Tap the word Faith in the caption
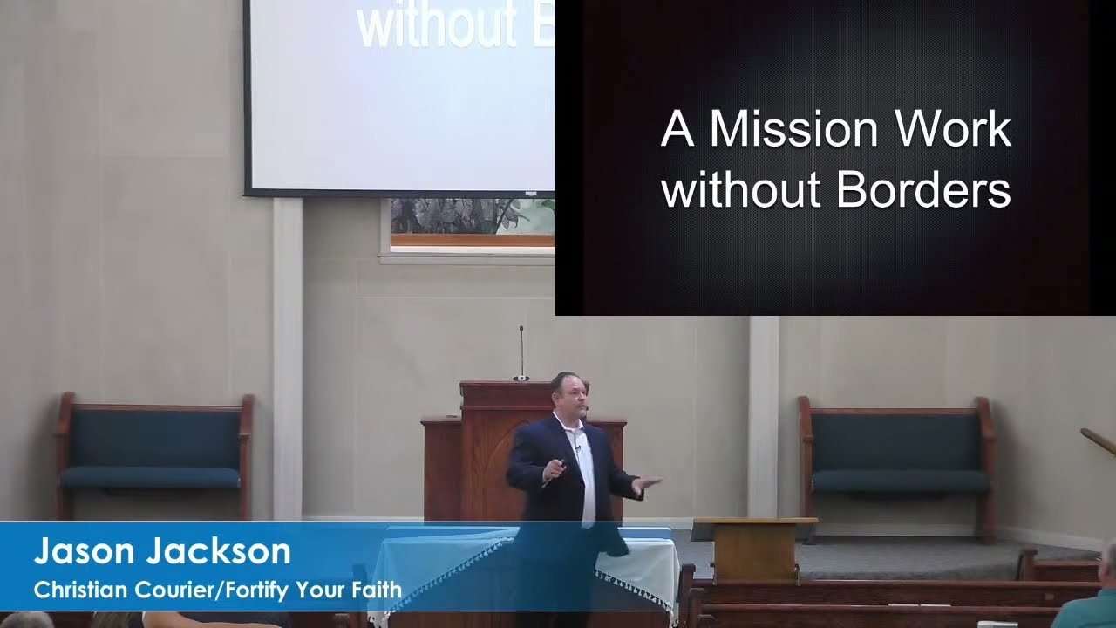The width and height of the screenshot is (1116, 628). [375, 590]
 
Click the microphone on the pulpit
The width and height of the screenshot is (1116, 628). [521, 353]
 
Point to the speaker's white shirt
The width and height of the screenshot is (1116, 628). [583, 471]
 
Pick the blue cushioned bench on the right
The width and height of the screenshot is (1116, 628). [898, 454]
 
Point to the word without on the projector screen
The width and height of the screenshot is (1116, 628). [436, 26]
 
